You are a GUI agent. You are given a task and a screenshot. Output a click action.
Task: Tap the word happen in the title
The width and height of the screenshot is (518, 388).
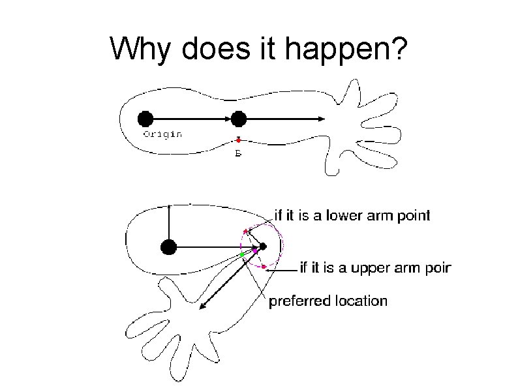point(331,50)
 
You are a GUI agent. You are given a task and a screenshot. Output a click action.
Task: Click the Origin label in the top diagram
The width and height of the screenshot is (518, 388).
point(162,134)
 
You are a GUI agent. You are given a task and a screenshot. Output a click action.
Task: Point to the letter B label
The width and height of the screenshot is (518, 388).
point(238,154)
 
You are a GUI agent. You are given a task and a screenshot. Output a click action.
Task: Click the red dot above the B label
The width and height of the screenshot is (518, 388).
point(239,140)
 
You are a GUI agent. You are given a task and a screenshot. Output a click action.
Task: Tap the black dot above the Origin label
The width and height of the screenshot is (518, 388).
point(145,119)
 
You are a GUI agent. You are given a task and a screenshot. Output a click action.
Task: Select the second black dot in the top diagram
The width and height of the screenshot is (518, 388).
point(239,119)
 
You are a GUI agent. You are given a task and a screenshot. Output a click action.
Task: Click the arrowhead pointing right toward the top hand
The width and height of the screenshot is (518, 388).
point(322,119)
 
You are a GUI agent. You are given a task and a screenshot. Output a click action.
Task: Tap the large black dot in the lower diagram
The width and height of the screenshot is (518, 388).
point(168,246)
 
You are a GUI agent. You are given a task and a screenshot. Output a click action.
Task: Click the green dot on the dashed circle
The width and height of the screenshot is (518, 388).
point(242,254)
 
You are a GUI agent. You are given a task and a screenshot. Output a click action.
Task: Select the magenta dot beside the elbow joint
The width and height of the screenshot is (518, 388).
point(255,250)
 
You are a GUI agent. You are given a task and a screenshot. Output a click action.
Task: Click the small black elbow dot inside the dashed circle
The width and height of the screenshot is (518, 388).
point(263,246)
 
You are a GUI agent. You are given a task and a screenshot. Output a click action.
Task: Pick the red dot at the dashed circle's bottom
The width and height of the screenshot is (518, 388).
point(264,267)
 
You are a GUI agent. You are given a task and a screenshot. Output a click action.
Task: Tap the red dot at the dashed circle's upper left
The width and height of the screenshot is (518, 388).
point(245,231)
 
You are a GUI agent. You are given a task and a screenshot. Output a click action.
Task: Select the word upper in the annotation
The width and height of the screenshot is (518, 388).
point(369,267)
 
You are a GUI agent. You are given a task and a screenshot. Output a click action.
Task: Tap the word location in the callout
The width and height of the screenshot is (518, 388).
point(361,301)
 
